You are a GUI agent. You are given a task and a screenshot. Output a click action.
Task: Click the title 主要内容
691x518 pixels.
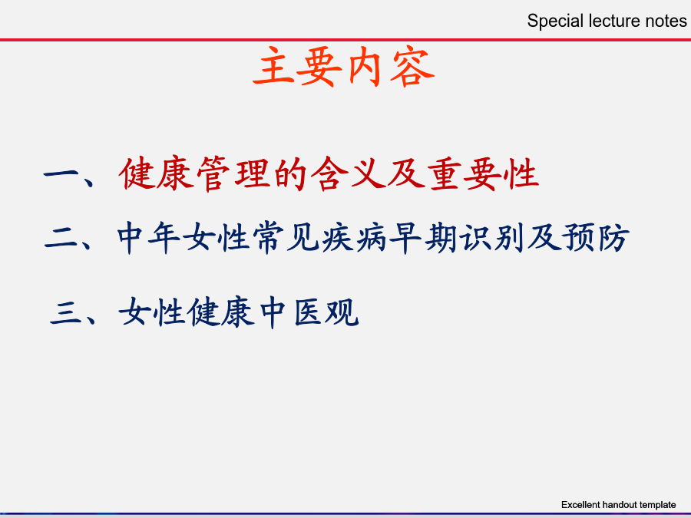(x=344, y=66)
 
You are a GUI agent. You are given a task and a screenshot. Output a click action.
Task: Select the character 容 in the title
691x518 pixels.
(x=412, y=67)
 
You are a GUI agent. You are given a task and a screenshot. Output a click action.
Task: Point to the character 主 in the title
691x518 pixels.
(x=274, y=66)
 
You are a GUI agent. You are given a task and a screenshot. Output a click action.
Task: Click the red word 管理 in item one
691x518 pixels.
(x=233, y=173)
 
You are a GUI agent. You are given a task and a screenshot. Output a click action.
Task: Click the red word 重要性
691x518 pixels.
(x=484, y=173)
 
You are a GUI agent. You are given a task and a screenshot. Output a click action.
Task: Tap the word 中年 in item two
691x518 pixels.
(x=149, y=239)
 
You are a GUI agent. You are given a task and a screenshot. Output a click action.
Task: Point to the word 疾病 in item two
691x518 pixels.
(x=355, y=239)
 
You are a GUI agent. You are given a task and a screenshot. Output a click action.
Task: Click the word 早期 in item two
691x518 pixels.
(x=424, y=239)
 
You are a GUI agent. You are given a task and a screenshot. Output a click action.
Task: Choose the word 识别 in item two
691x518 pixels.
(x=492, y=239)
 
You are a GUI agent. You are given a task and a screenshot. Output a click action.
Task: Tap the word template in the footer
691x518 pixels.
(x=658, y=505)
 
